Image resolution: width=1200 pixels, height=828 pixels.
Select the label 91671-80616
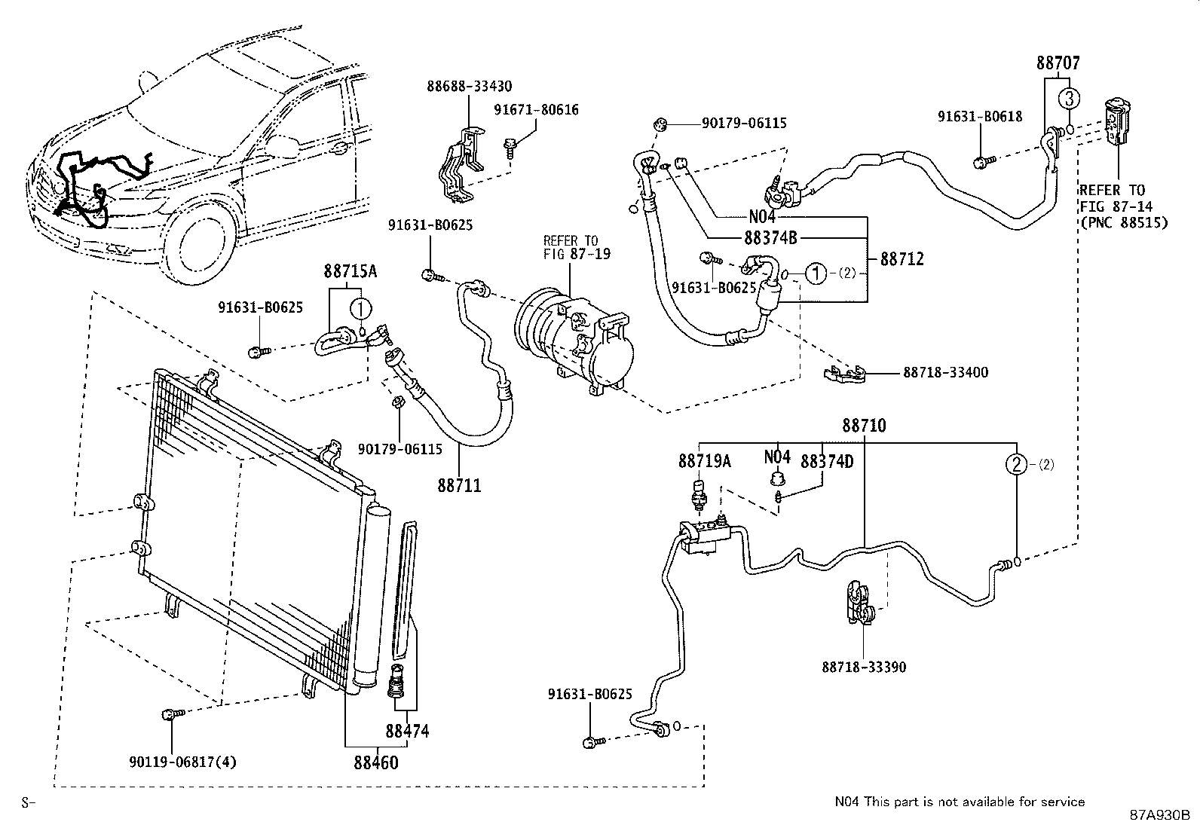pyautogui.click(x=536, y=110)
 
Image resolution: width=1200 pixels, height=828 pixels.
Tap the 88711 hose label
pyautogui.click(x=459, y=486)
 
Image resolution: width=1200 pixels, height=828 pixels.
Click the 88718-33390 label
pyautogui.click(x=864, y=667)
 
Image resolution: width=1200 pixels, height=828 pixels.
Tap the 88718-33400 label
pyautogui.click(x=945, y=372)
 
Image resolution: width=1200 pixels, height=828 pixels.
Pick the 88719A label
pyautogui.click(x=704, y=461)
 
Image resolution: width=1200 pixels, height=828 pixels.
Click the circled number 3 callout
pyautogui.click(x=1069, y=98)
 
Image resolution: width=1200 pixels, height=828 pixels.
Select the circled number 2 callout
pyautogui.click(x=1017, y=465)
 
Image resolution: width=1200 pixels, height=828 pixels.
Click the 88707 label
pyautogui.click(x=1058, y=63)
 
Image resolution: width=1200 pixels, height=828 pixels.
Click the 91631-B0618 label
pyautogui.click(x=980, y=117)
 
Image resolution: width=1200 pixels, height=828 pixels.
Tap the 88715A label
pyautogui.click(x=351, y=270)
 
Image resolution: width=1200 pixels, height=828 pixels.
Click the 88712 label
pyautogui.click(x=902, y=259)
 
